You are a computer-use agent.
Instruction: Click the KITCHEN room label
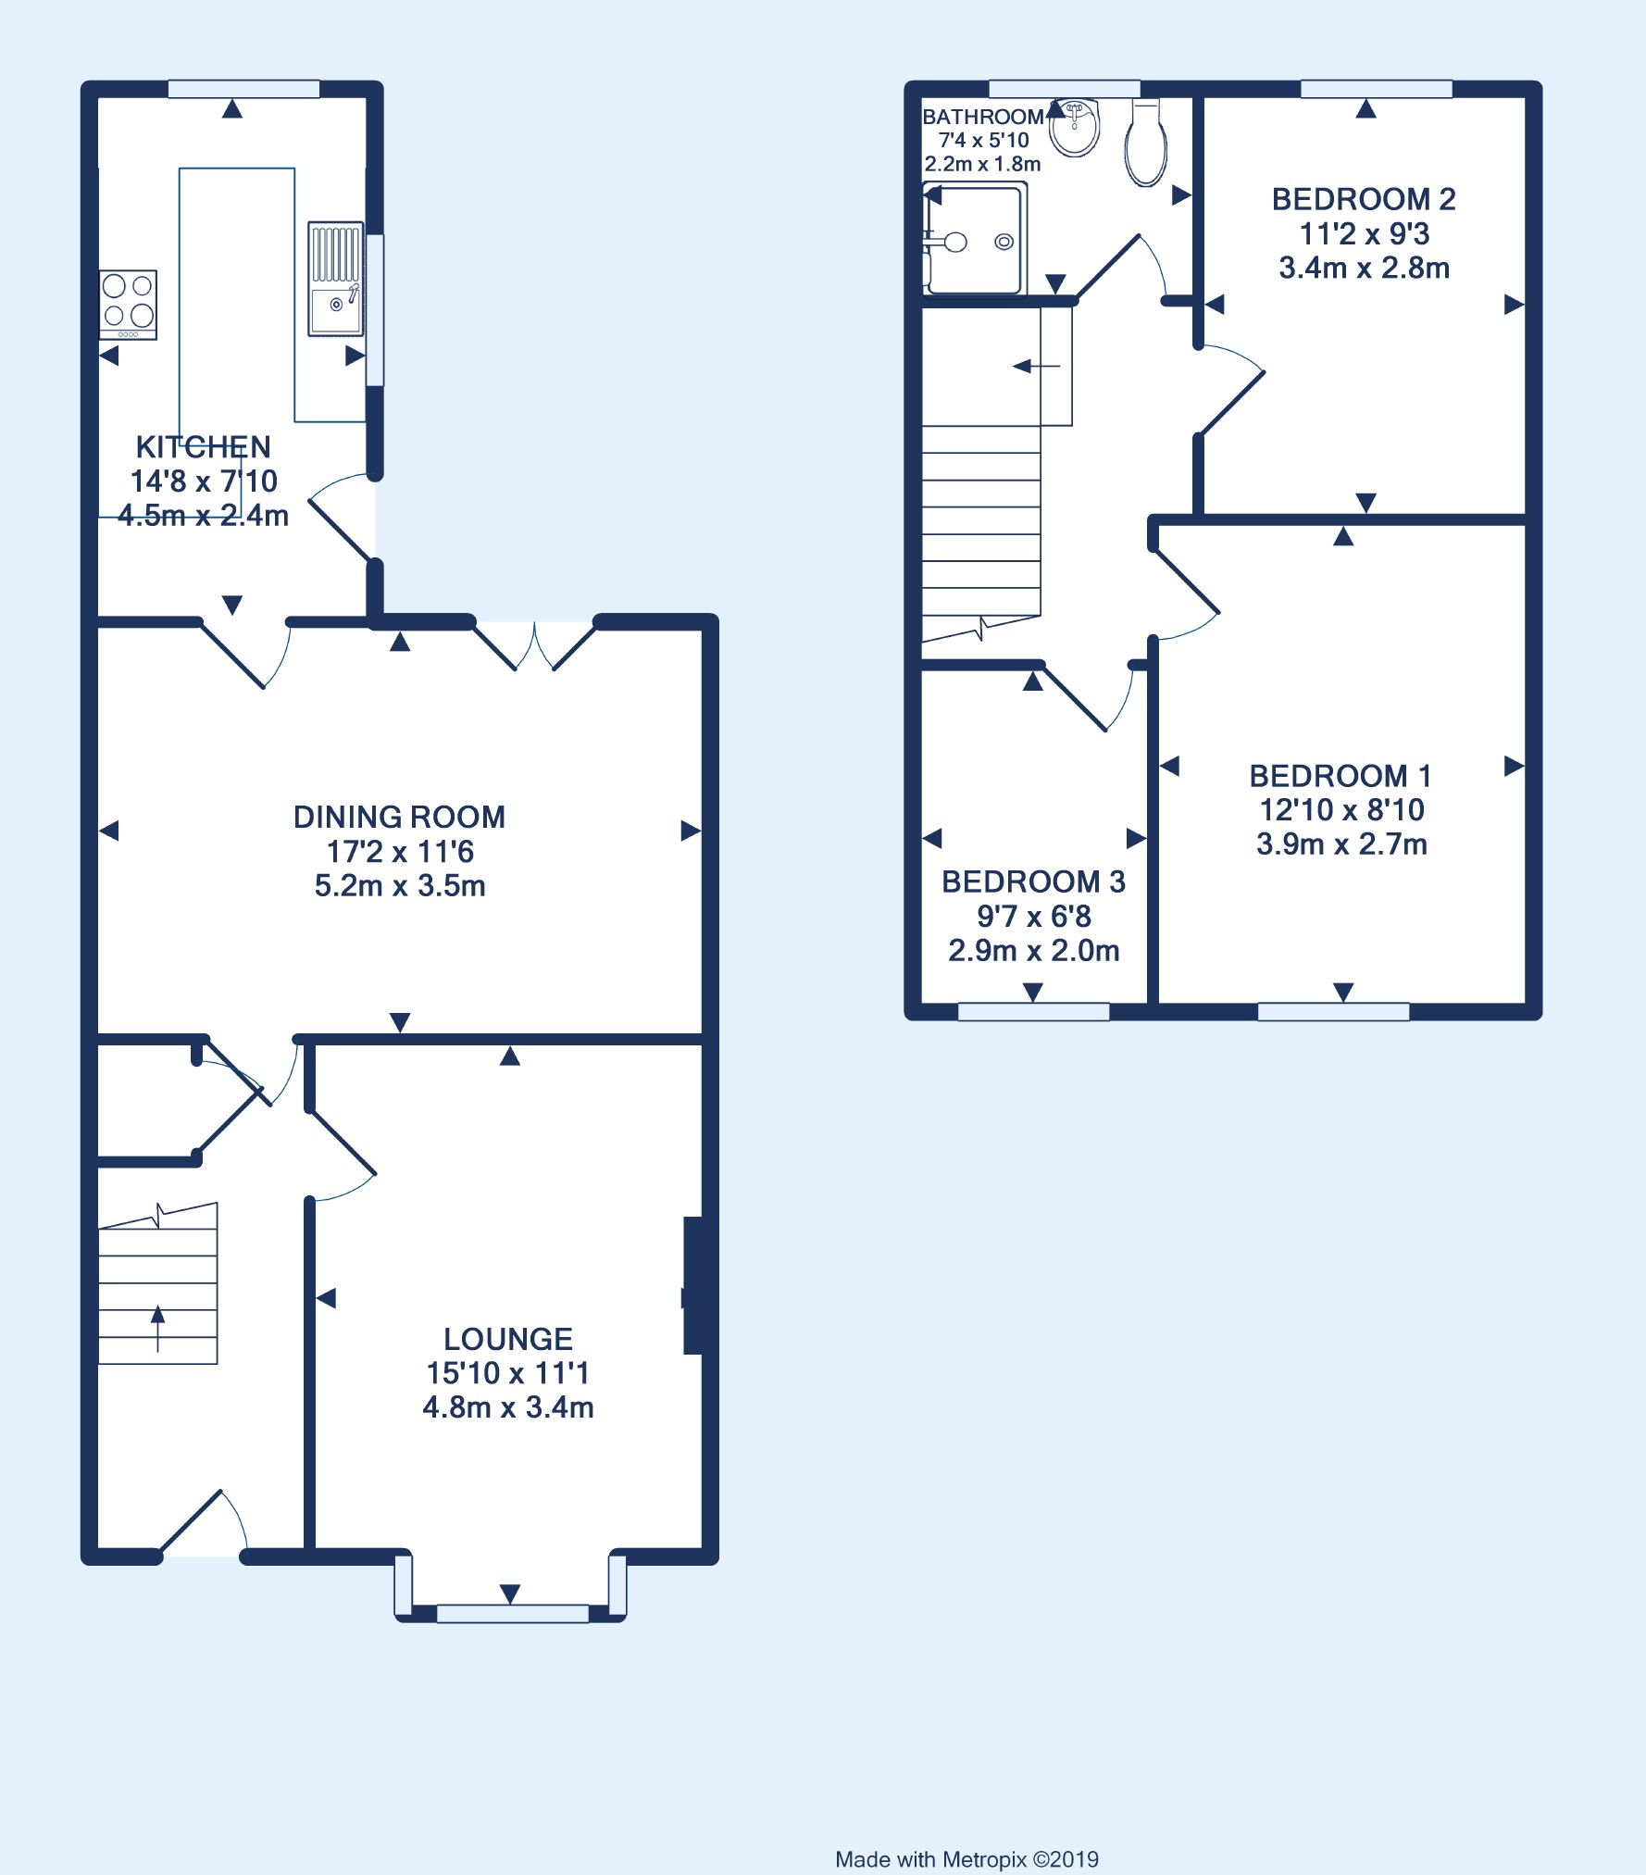[x=204, y=447]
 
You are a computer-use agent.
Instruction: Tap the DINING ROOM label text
[x=400, y=817]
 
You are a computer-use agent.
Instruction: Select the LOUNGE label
[x=508, y=1339]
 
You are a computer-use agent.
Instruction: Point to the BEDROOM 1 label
[x=1340, y=776]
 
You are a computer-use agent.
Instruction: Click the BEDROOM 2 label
[x=1364, y=199]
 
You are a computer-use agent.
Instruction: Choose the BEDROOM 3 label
[x=1033, y=881]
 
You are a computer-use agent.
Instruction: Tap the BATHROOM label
[x=983, y=117]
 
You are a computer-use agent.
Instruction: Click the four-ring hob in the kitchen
[x=128, y=305]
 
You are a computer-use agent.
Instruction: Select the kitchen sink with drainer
[x=335, y=278]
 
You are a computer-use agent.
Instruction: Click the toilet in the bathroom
[x=1146, y=144]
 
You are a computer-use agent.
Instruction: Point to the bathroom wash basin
[x=1075, y=127]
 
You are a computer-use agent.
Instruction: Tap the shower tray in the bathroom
[x=975, y=238]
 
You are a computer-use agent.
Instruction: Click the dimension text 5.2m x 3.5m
[x=400, y=886]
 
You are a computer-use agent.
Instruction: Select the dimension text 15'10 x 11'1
[x=508, y=1373]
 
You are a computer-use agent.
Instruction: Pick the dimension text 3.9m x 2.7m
[x=1341, y=844]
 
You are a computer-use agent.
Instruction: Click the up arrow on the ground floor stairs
[x=157, y=1328]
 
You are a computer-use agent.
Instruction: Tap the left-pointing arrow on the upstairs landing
[x=1037, y=367]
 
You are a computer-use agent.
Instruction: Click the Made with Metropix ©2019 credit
[x=966, y=1833]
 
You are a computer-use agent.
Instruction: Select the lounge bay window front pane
[x=512, y=1614]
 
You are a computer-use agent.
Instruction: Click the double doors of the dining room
[x=535, y=648]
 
